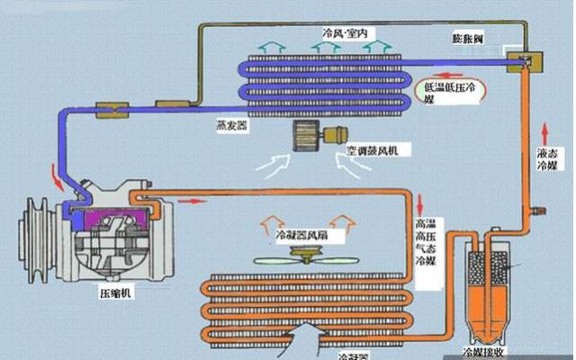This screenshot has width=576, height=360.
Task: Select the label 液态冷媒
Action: pyautogui.click(x=548, y=158)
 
